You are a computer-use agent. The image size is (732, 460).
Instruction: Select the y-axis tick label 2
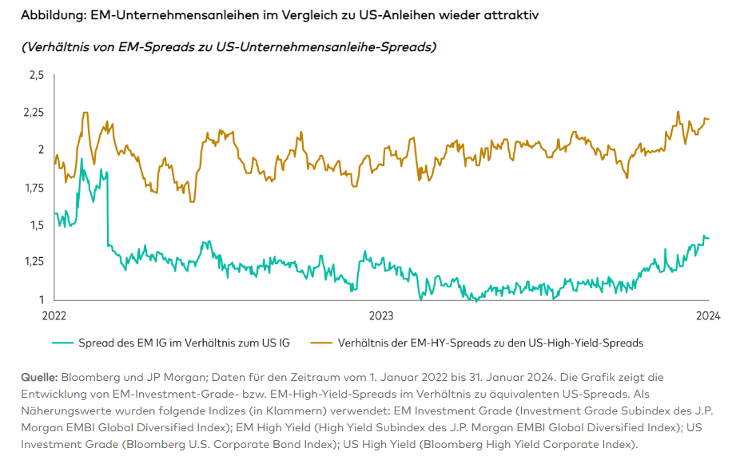[40, 150]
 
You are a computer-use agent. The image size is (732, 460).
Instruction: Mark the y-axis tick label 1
[42, 299]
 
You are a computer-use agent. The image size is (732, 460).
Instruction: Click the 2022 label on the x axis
[54, 315]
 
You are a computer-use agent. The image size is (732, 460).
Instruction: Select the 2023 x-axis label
[380, 315]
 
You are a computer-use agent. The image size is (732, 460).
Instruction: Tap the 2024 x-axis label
[707, 315]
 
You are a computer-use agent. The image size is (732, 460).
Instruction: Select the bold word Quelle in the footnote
[38, 375]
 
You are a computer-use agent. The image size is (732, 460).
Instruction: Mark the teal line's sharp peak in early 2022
[82, 159]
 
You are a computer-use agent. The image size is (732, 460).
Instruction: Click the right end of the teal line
[709, 238]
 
